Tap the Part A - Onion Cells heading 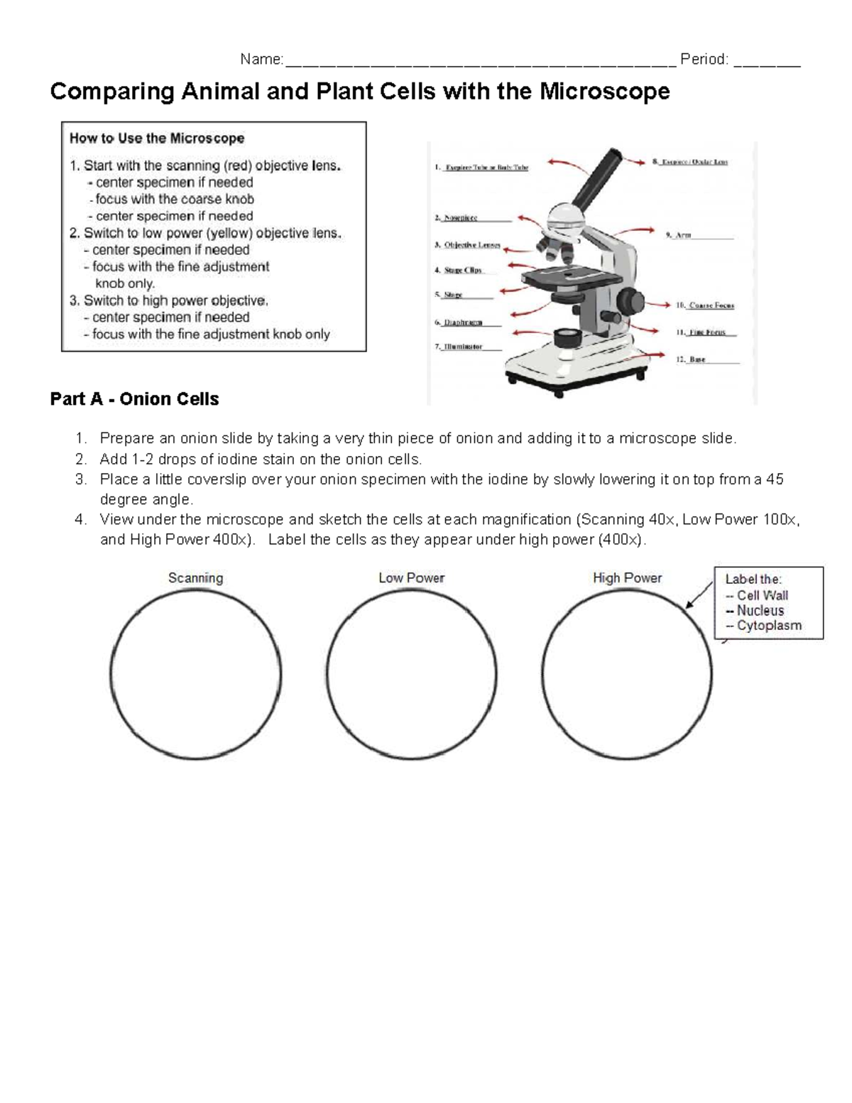134,399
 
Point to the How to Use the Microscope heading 157,138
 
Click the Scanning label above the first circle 195,578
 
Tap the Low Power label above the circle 411,578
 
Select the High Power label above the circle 627,578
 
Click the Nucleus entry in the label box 760,611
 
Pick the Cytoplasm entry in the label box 768,626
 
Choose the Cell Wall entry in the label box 762,596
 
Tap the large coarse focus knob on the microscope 629,298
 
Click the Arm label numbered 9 683,235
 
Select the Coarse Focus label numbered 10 711,305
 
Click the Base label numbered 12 697,360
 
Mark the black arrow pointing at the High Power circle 699,594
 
